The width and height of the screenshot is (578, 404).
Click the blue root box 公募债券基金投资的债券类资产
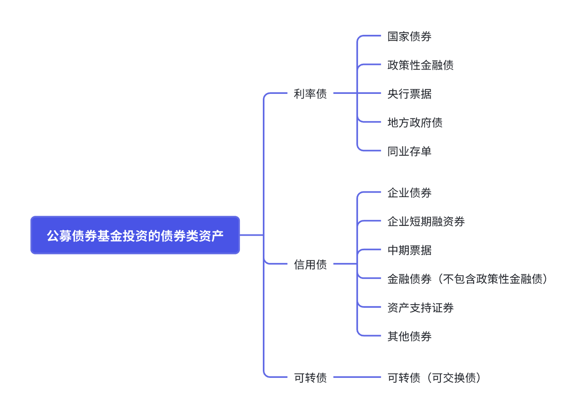tap(135, 235)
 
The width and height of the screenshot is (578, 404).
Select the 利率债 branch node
tap(310, 94)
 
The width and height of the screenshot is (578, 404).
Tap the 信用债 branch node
tap(310, 265)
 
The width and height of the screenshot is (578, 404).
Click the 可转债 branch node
tap(310, 377)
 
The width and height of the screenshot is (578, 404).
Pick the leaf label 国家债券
tap(409, 37)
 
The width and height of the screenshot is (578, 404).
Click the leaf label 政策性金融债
tap(420, 65)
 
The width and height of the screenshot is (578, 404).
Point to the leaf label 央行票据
tap(409, 94)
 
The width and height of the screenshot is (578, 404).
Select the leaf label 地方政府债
tap(415, 122)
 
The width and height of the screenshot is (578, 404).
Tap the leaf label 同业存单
tap(409, 151)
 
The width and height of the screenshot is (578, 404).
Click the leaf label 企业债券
tap(409, 193)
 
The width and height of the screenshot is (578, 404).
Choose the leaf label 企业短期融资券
tap(426, 221)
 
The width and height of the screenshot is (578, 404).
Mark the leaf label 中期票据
tap(409, 250)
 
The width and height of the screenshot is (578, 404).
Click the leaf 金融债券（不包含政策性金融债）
tap(468, 279)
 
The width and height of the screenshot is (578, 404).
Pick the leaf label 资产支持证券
tap(420, 308)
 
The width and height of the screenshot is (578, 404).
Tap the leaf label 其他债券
tap(409, 336)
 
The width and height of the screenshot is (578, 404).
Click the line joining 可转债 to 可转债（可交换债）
tap(357, 377)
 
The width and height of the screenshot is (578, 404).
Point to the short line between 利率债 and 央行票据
tap(357, 94)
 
